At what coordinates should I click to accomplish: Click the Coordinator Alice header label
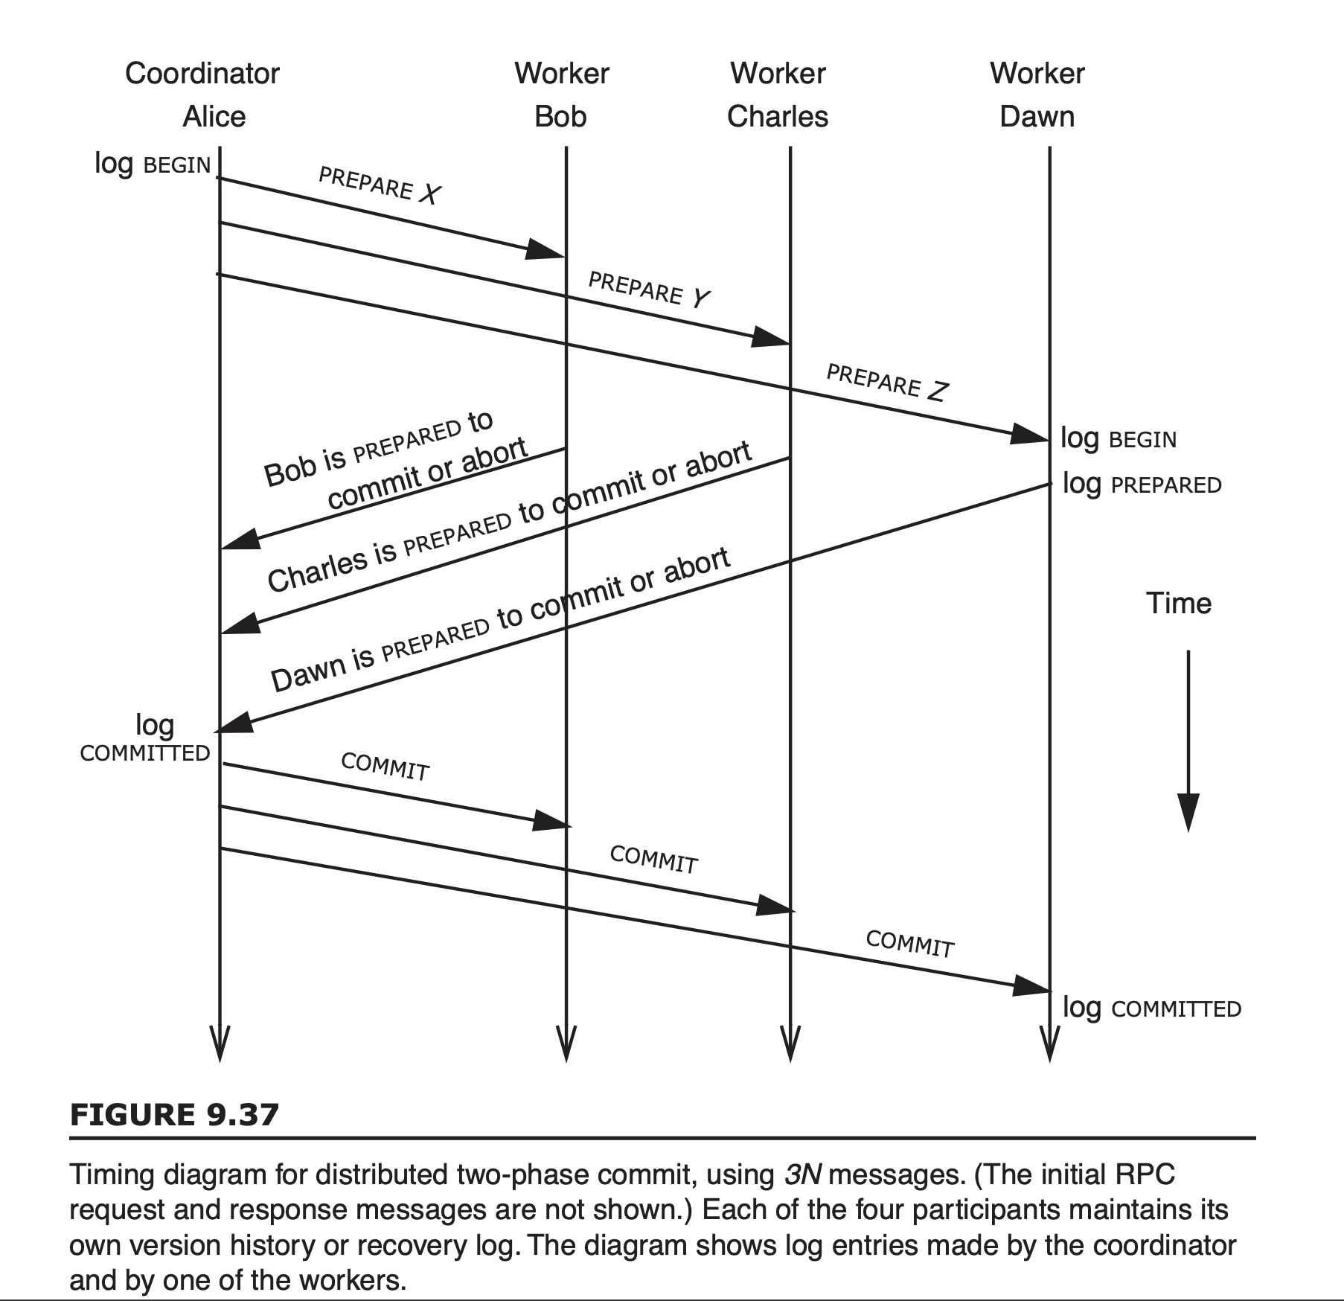tap(202, 95)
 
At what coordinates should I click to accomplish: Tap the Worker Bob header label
tap(561, 95)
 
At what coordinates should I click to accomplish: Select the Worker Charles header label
tap(778, 95)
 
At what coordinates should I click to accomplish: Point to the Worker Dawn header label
tap(1037, 95)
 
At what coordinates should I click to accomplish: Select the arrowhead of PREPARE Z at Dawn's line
tap(1030, 434)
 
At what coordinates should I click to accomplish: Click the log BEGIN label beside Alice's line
tap(153, 164)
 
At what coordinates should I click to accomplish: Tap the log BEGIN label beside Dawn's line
tap(1119, 439)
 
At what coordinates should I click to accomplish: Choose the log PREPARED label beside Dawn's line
tap(1142, 485)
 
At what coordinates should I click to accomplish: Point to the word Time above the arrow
tap(1179, 603)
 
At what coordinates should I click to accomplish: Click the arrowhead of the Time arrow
tap(1188, 812)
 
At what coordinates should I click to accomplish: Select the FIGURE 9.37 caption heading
tap(175, 1115)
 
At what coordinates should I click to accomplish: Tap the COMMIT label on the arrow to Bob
tap(385, 767)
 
